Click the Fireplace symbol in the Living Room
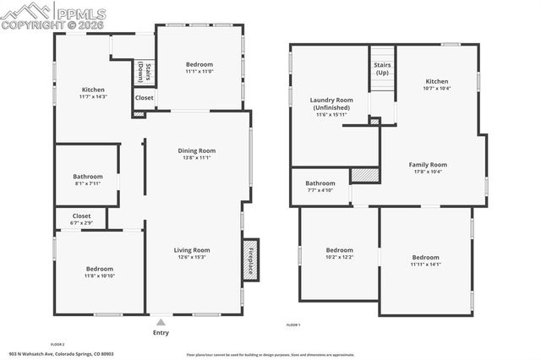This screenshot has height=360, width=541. click(250, 260)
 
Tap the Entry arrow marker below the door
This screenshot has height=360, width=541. click(160, 322)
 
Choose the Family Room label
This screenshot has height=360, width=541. click(428, 165)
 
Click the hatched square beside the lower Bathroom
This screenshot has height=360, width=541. click(363, 174)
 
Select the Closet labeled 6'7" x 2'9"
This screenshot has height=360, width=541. click(81, 222)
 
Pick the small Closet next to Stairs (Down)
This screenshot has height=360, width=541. click(144, 98)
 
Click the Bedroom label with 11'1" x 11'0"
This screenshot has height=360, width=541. click(199, 64)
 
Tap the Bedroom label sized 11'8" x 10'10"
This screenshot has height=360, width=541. click(99, 270)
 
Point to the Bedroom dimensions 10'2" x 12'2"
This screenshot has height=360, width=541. click(340, 257)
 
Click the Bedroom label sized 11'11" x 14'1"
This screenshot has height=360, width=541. click(426, 258)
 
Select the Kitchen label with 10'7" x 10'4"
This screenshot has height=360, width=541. click(437, 81)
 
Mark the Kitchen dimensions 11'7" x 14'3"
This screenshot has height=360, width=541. click(93, 96)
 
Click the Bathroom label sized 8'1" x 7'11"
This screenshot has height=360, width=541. click(88, 177)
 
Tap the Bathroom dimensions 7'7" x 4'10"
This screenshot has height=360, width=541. click(320, 190)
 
